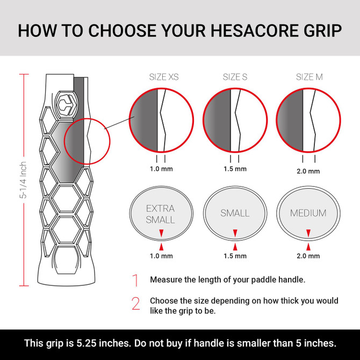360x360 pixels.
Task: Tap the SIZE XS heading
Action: pyautogui.click(x=163, y=77)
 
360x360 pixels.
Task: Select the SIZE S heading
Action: pyautogui.click(x=235, y=77)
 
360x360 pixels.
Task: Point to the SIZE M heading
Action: pyautogui.click(x=309, y=77)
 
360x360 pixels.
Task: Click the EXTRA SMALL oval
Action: pyautogui.click(x=161, y=213)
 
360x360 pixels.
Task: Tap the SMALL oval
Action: pyautogui.click(x=235, y=213)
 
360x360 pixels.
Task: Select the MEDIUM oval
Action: pyautogui.click(x=308, y=213)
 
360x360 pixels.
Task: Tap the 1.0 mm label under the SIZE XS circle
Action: pyautogui.click(x=161, y=168)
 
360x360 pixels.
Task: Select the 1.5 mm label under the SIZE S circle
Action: pyautogui.click(x=235, y=169)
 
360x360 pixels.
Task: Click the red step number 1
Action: pyautogui.click(x=135, y=280)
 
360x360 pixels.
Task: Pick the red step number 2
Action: pyautogui.click(x=135, y=304)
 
